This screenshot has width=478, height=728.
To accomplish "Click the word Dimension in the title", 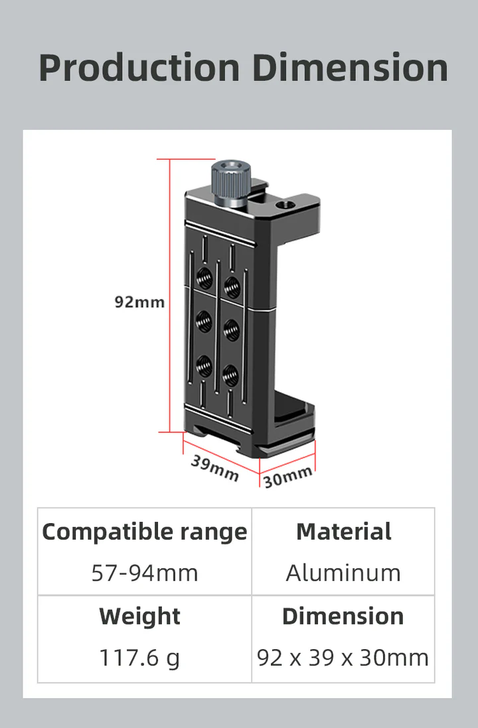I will (x=350, y=68).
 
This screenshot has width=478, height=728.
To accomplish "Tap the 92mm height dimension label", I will (x=139, y=302).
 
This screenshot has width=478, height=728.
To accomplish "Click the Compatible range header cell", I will (x=144, y=532).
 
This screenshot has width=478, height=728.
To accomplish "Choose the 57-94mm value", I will (x=144, y=573).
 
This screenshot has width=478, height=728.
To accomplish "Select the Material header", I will (x=343, y=532).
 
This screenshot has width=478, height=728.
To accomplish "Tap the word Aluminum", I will (x=343, y=573).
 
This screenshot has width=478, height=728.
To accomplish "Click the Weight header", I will (x=140, y=617).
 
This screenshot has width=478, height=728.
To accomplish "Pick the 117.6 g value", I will (x=140, y=658).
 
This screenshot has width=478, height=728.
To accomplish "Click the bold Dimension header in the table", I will (x=343, y=617).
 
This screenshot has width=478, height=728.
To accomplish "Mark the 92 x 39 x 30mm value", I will (x=343, y=658).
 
